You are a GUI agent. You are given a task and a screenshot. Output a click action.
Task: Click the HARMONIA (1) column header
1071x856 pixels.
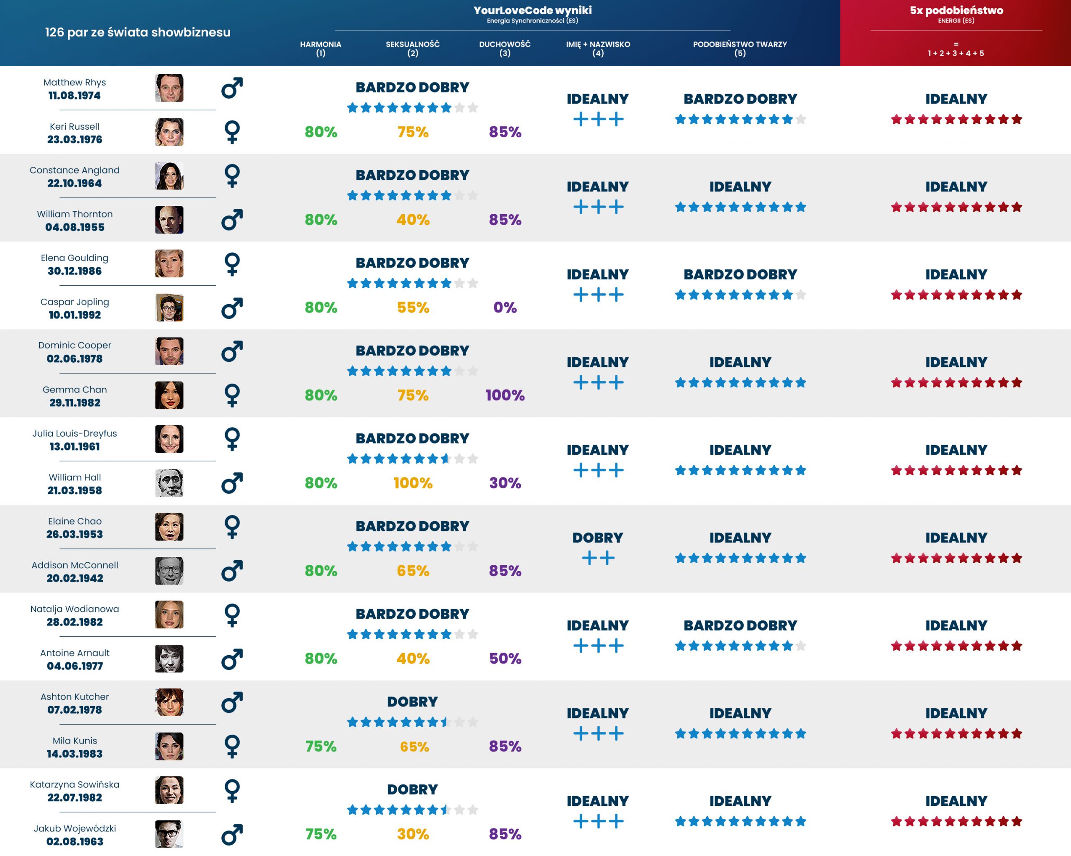point(320,48)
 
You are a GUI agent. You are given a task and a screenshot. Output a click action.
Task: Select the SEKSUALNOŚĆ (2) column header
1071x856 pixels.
point(413,48)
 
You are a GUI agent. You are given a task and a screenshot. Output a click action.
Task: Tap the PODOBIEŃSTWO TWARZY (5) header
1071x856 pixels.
point(740,48)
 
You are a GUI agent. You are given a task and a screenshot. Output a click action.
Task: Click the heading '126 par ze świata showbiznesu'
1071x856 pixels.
point(138,32)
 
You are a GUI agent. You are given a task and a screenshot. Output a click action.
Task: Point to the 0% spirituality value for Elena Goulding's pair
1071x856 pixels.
point(505,308)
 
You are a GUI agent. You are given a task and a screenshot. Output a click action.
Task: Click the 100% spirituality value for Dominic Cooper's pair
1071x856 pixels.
point(505,395)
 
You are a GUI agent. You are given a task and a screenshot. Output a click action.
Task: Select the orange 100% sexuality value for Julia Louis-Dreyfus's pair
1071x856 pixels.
point(413,483)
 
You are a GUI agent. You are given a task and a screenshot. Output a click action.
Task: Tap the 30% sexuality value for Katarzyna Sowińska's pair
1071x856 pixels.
point(413,834)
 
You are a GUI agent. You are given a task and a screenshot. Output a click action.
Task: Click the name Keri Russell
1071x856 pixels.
point(74,127)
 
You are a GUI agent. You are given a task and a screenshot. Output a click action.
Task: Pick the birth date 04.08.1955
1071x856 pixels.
point(74,228)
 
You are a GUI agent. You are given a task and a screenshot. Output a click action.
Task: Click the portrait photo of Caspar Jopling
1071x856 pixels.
point(169,308)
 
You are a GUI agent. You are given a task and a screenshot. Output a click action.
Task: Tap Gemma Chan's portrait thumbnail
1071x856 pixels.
point(169,395)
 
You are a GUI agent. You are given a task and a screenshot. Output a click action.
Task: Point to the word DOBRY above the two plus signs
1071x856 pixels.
point(597,538)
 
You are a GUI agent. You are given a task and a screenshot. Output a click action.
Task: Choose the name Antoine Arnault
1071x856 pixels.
point(74,653)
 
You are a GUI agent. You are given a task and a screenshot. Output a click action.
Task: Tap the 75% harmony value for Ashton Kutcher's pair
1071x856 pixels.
point(320,746)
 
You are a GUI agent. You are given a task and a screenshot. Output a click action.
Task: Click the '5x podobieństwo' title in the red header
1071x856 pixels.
point(956,10)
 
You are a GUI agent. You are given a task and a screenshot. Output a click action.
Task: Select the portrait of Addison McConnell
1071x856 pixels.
point(169,571)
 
